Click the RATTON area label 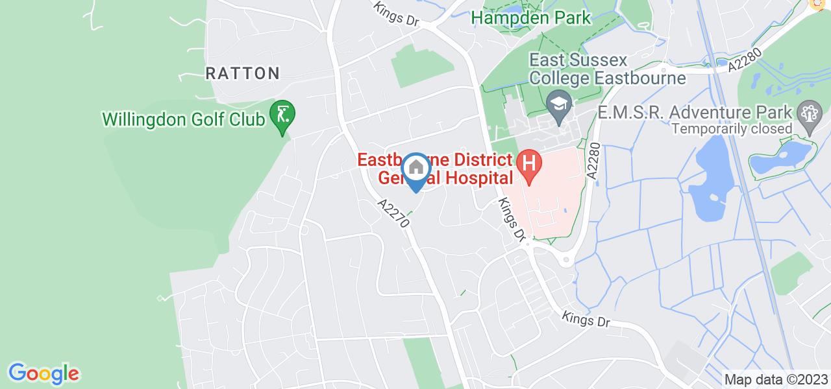[243, 73]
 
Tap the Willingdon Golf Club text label [184, 119]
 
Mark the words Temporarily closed [732, 128]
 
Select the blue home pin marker [415, 170]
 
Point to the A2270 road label [395, 213]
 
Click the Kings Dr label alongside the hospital [510, 219]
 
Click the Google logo [43, 373]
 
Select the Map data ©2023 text [776, 379]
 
